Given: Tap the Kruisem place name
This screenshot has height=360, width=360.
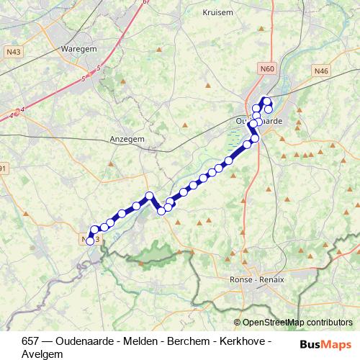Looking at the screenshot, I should (x=217, y=12).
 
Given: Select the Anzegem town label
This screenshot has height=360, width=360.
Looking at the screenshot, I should (x=126, y=139).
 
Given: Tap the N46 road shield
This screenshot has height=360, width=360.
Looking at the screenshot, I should (x=320, y=70).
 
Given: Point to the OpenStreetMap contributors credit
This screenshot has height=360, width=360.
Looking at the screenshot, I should (x=297, y=322).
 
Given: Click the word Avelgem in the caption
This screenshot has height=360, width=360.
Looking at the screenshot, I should (x=42, y=354).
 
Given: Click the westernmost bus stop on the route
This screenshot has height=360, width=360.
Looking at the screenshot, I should (x=90, y=241).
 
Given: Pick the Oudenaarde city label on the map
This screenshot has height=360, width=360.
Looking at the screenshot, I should (x=259, y=122).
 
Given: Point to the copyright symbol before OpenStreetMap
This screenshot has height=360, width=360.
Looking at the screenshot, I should (x=238, y=323).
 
